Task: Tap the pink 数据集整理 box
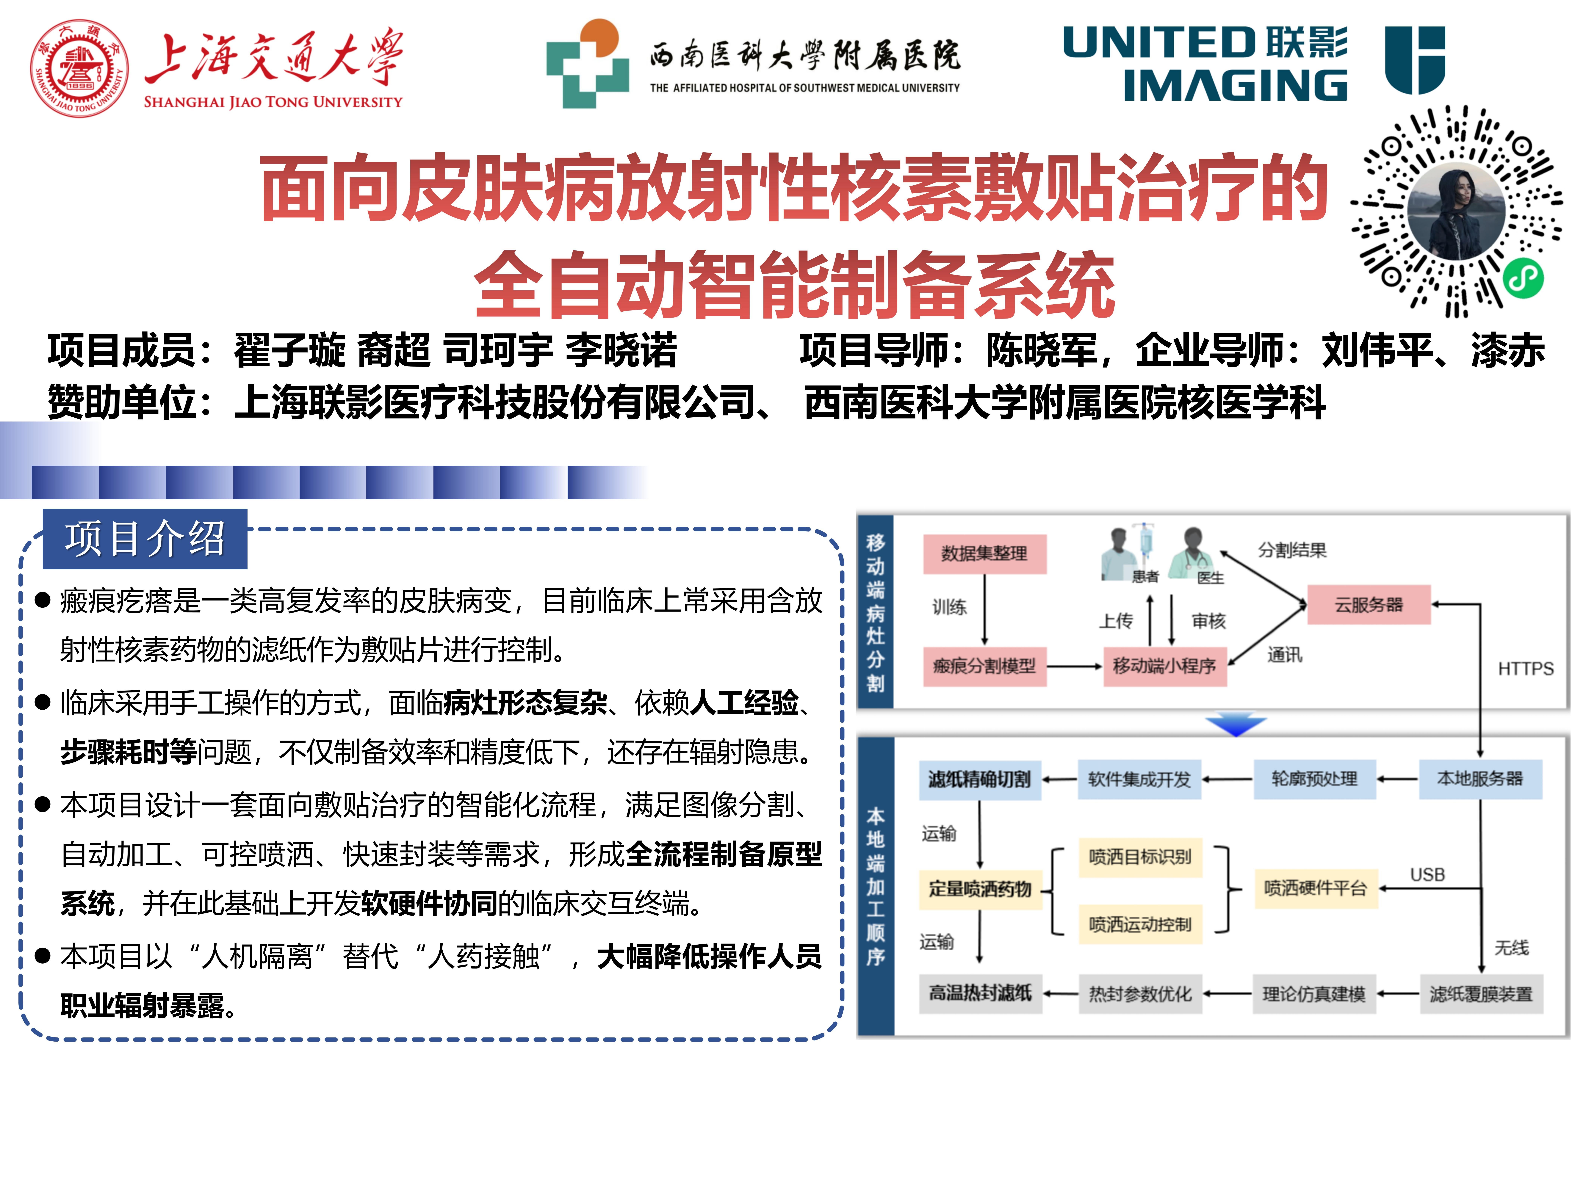pos(984,554)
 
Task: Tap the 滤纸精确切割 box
pos(979,779)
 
